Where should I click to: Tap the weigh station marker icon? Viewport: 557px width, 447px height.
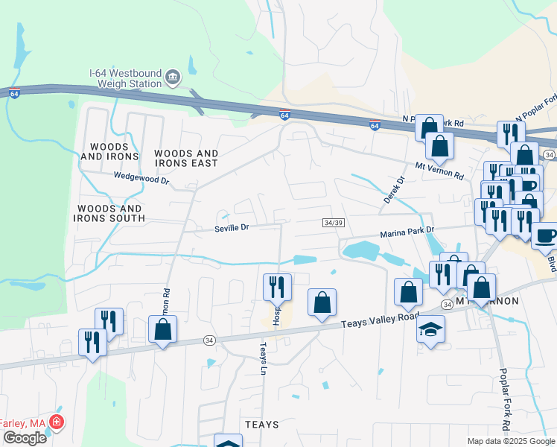click(173, 77)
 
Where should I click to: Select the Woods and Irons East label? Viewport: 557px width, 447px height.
click(186, 158)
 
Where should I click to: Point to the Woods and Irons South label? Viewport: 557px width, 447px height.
click(109, 213)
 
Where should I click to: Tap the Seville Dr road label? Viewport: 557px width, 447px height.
click(231, 228)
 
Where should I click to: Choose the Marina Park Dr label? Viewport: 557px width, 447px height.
click(407, 233)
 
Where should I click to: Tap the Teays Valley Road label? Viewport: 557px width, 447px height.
click(381, 320)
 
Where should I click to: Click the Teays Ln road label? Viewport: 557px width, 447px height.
click(262, 358)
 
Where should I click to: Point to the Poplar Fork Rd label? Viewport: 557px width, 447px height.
click(504, 399)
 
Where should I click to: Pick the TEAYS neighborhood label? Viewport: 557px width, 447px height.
click(261, 424)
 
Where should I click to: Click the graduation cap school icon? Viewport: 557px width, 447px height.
click(430, 329)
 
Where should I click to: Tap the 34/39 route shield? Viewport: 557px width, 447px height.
click(334, 223)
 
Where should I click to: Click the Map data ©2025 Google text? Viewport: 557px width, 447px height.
click(511, 441)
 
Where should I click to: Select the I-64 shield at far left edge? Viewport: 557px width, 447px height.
click(14, 93)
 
